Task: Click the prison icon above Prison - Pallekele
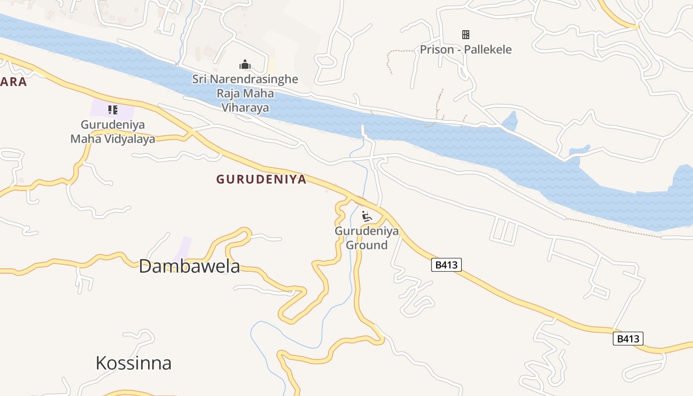coord(465,35)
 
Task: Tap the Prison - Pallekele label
coord(465,49)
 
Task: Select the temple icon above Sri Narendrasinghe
coord(245,64)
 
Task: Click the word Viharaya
coord(245,108)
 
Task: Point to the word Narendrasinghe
coord(253,79)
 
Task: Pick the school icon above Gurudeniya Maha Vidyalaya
coord(113,109)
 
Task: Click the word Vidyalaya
coord(130,139)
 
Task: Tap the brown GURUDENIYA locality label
coord(261,180)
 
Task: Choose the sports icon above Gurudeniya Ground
coord(366,216)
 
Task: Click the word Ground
coord(366,245)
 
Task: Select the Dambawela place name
coord(189,266)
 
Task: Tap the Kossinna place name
coord(134,363)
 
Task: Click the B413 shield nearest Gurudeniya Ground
coord(446,265)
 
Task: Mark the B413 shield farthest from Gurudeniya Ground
coord(628,339)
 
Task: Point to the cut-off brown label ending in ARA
coord(13,82)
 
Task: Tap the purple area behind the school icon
coord(124,110)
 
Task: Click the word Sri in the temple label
coord(199,79)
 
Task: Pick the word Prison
coord(437,49)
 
